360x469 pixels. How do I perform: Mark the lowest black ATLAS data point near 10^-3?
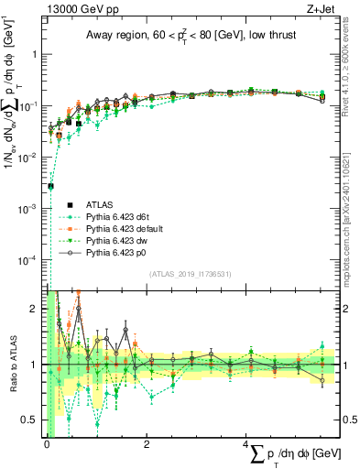(50, 186)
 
